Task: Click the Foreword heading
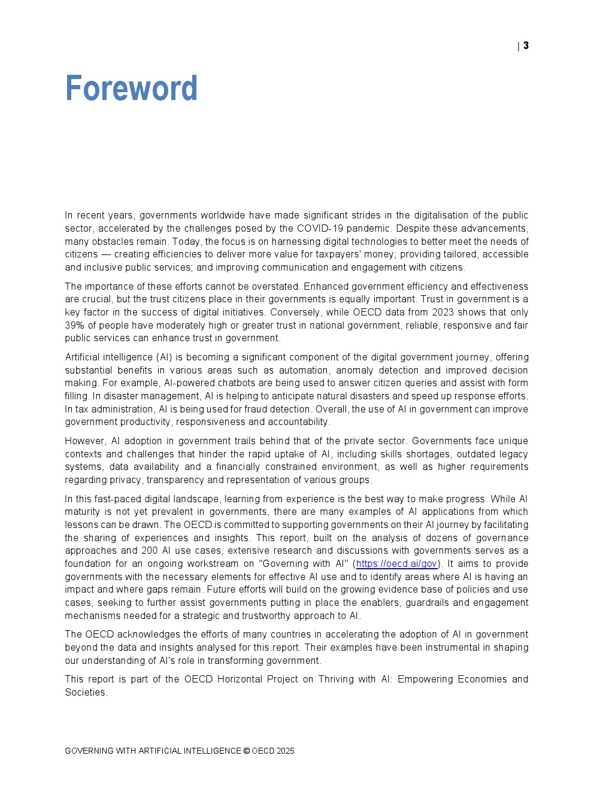coord(131,89)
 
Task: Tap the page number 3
coord(526,45)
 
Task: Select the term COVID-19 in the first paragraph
coord(320,229)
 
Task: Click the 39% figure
coord(75,326)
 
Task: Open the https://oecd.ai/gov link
coord(396,564)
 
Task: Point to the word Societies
coord(86,693)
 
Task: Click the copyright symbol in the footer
coord(246,751)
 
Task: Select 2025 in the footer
coord(286,751)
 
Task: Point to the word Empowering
coord(431,679)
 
